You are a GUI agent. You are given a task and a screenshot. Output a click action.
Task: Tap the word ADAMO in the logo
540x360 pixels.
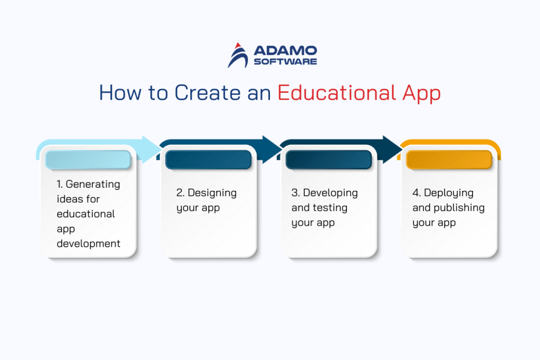tap(285, 51)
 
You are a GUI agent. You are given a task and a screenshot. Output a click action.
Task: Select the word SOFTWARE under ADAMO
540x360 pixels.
tap(285, 62)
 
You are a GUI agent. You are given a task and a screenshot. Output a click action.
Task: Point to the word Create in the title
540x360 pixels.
tap(204, 93)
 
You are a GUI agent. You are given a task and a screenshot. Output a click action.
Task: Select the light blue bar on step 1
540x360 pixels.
tap(88, 160)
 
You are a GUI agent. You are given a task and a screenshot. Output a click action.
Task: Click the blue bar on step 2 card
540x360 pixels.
tap(208, 160)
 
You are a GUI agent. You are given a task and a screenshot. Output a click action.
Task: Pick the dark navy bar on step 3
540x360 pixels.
tap(329, 160)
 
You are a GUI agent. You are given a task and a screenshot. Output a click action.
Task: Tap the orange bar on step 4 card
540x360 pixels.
tap(449, 160)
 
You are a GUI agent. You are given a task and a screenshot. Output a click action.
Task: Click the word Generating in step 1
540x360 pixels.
tap(93, 184)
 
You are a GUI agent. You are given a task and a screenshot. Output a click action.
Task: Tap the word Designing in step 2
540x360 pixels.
tap(212, 193)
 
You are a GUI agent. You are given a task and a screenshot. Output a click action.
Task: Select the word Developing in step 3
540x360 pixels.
tap(330, 193)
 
